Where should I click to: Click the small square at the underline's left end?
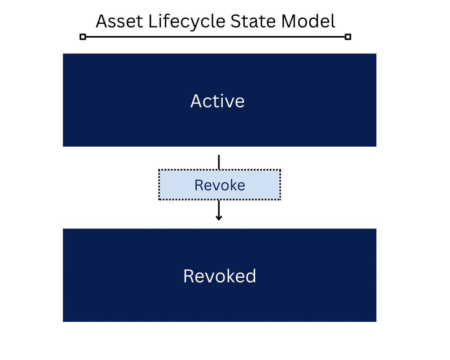[x=83, y=37]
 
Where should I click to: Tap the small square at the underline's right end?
[x=348, y=37]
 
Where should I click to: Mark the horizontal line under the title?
[x=216, y=37]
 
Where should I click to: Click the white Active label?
[x=218, y=101]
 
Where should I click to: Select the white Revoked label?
[x=220, y=276]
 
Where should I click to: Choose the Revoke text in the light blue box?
[x=220, y=185]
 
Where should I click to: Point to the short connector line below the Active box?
[x=219, y=162]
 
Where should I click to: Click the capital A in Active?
[x=196, y=101]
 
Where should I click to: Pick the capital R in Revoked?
[x=189, y=276]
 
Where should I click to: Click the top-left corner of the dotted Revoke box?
[x=159, y=170]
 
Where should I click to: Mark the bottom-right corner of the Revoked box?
[x=375, y=321]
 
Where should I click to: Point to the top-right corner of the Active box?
[x=375, y=54]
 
